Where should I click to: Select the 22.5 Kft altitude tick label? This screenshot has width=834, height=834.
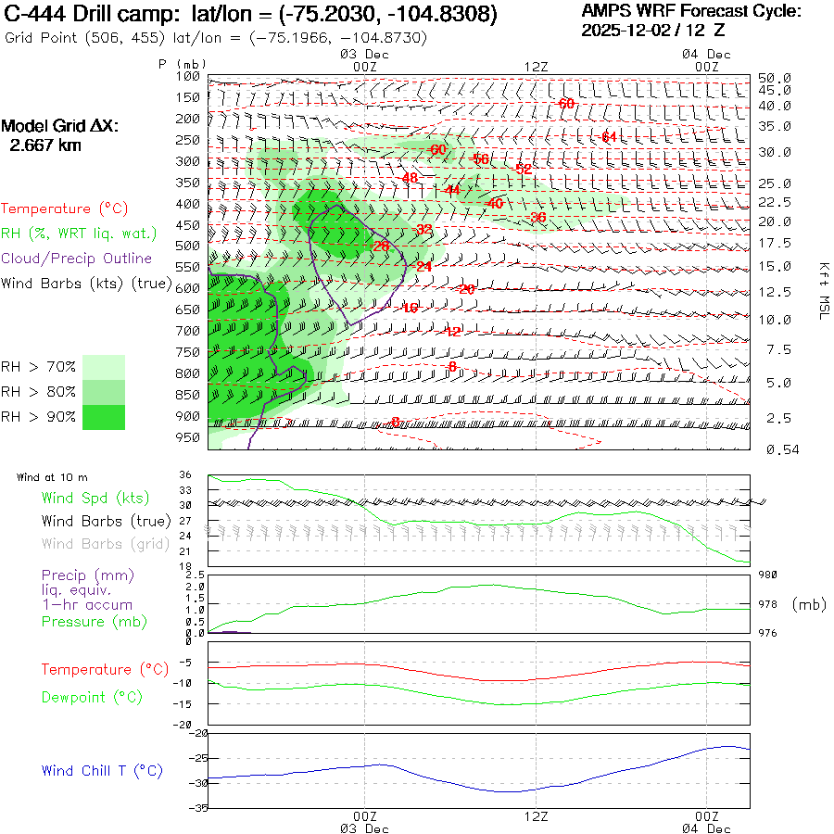[x=774, y=202]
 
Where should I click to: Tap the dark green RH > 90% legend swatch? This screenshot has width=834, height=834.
[x=104, y=417]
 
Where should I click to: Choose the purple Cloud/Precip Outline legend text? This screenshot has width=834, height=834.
[x=77, y=259]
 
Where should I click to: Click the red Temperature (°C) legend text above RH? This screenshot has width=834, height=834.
[x=65, y=208]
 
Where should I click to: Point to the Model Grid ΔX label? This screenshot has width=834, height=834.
[x=60, y=126]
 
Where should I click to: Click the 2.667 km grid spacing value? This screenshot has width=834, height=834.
[x=44, y=145]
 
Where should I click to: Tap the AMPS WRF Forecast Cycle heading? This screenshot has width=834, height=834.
[x=691, y=12]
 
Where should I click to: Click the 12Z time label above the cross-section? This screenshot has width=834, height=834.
[x=537, y=67]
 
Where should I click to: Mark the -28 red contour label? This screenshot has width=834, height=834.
[x=381, y=246]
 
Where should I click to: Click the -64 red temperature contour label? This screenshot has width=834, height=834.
[x=608, y=137]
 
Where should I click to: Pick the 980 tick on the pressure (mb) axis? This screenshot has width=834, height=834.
[x=769, y=575]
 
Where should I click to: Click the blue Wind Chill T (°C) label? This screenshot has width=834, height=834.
[x=102, y=771]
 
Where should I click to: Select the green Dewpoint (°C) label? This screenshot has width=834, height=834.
[x=91, y=697]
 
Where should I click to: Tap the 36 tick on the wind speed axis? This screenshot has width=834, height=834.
[x=185, y=475]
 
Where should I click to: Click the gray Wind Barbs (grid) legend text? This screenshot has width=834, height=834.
[x=93, y=543]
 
